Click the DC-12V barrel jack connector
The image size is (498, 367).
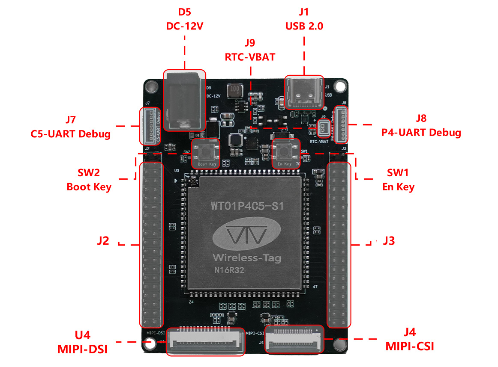[184, 101]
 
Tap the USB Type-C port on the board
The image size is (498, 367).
[305, 93]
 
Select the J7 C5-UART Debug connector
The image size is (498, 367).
[149, 126]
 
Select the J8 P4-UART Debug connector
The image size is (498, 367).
[341, 124]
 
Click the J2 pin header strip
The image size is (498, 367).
[152, 244]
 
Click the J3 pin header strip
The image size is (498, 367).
[339, 244]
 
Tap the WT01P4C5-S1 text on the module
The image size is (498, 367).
[247, 206]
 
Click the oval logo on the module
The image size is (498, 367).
[247, 234]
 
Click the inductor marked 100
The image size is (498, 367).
[234, 90]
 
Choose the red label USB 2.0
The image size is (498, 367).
[304, 26]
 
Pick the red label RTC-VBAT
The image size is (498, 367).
[250, 57]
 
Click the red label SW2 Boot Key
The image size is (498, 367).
[89, 180]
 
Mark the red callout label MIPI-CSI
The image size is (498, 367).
[409, 346]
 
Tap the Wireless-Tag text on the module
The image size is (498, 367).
[247, 257]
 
